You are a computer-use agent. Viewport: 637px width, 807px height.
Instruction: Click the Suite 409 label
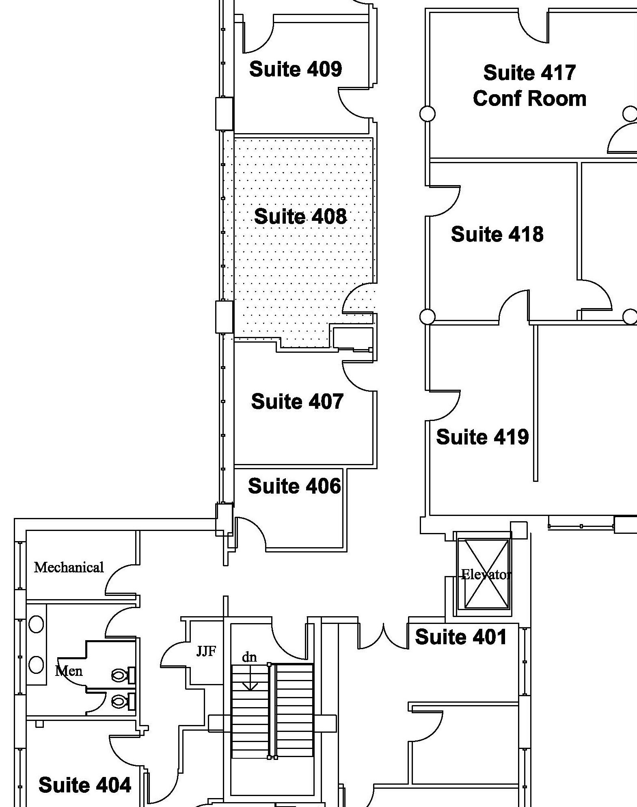click(x=296, y=69)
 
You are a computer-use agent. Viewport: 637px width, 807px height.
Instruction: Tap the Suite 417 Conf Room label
click(x=529, y=86)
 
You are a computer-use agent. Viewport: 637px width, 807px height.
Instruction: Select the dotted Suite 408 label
click(x=300, y=216)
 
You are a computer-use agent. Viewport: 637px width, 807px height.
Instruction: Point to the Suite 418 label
click(x=497, y=234)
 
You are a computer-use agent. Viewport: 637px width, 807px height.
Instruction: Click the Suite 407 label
click(x=297, y=401)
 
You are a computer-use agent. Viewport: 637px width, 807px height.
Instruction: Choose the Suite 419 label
click(x=482, y=437)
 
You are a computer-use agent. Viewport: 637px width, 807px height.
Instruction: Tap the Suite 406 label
click(x=294, y=486)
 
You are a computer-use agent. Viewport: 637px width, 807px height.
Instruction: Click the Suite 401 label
click(x=461, y=637)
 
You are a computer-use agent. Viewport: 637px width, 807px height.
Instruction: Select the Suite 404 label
click(x=85, y=785)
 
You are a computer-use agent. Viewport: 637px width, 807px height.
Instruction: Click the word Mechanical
click(x=69, y=567)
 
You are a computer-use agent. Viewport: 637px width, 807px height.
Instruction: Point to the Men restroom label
click(x=69, y=671)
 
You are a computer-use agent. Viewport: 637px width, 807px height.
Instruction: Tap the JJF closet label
click(x=206, y=652)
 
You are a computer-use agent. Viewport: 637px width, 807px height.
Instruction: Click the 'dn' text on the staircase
click(x=249, y=657)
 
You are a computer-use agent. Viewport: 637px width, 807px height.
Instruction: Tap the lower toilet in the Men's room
click(x=123, y=701)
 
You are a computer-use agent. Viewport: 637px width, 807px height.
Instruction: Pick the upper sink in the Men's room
click(x=36, y=624)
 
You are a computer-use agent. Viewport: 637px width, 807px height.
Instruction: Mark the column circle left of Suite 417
click(x=427, y=114)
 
